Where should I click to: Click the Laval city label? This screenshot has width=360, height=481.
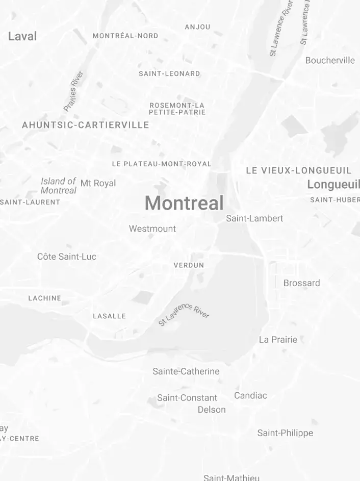click(x=22, y=36)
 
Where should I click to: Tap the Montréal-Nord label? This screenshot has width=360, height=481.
click(x=125, y=36)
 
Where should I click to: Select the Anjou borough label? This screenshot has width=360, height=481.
click(x=197, y=27)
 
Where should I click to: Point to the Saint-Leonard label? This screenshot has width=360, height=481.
click(x=169, y=73)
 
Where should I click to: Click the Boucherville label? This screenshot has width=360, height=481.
click(x=329, y=60)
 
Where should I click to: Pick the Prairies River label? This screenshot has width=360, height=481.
click(x=73, y=91)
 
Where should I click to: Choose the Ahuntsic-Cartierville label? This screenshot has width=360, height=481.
click(x=86, y=125)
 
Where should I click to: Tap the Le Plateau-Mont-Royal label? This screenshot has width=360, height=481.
click(x=161, y=164)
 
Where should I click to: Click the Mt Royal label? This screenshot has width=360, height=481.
click(x=98, y=183)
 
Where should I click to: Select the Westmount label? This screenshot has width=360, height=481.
click(x=152, y=229)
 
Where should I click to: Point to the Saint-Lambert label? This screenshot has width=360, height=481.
click(x=254, y=218)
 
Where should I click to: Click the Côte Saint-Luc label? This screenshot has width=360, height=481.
click(x=66, y=257)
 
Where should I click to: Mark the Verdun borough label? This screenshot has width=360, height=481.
click(x=189, y=265)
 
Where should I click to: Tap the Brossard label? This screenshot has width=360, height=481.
click(x=301, y=283)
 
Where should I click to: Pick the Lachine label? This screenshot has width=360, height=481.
click(x=44, y=298)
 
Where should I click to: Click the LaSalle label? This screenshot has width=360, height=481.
click(x=109, y=316)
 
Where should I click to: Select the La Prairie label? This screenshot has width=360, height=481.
click(x=278, y=340)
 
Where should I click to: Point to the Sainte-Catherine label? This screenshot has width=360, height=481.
click(x=186, y=371)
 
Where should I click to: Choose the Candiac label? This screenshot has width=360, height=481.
click(x=250, y=395)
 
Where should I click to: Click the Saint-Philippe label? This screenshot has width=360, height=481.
click(x=285, y=433)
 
